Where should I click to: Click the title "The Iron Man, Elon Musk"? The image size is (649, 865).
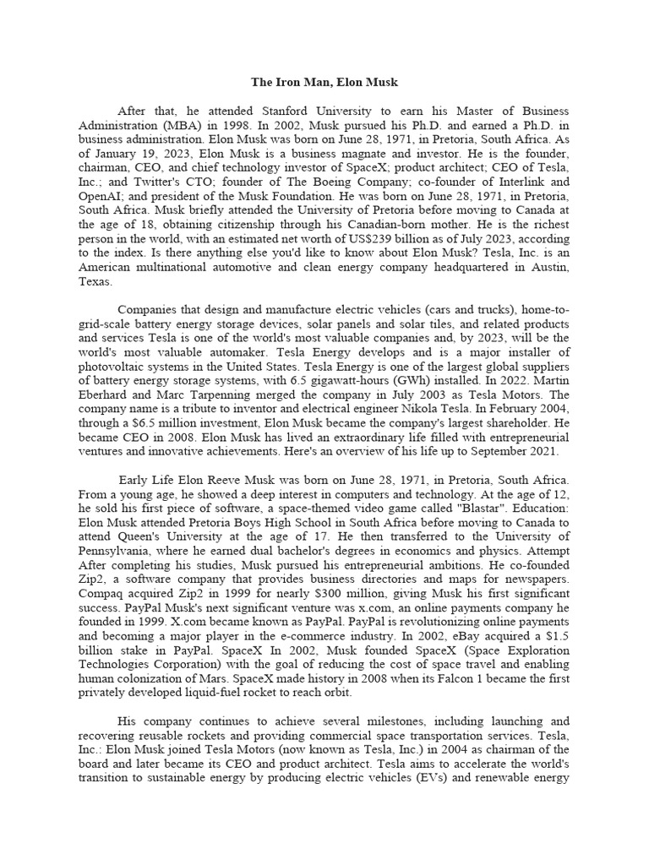(x=324, y=83)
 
